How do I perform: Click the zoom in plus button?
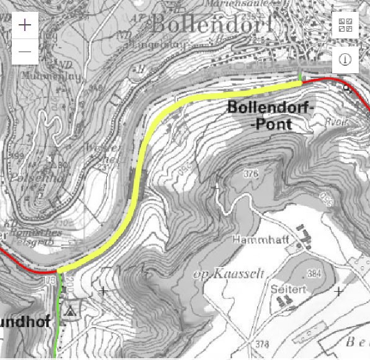click(25, 25)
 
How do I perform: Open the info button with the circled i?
click(345, 60)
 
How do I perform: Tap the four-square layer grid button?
click(345, 25)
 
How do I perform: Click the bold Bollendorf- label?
click(272, 107)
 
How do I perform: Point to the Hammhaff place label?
click(254, 239)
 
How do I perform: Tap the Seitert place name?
click(286, 289)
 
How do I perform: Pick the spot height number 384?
click(314, 274)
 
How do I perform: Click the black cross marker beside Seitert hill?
click(338, 290)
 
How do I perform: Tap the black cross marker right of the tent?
click(104, 290)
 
